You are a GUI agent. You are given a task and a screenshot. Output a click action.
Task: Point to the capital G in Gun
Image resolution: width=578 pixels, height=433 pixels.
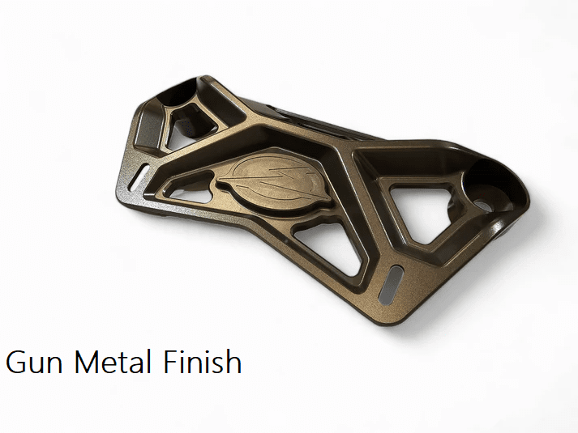click(x=15, y=362)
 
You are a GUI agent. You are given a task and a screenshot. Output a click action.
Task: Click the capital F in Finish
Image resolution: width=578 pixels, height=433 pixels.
click(x=171, y=362)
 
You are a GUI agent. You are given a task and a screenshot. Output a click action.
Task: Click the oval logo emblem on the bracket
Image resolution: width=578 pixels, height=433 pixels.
click(x=273, y=183)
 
